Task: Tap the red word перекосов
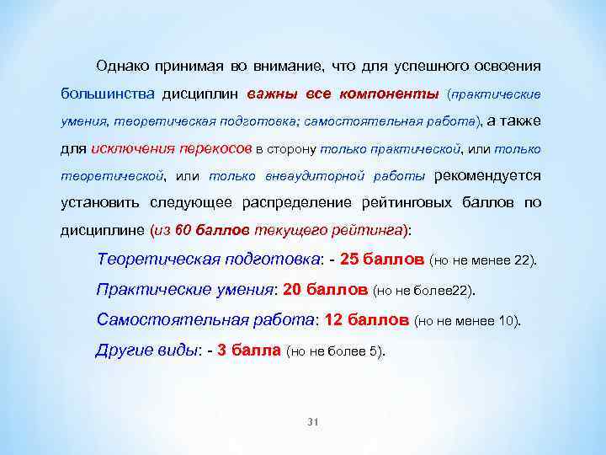[215, 149]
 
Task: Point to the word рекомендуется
[486, 176]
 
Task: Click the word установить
[101, 203]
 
